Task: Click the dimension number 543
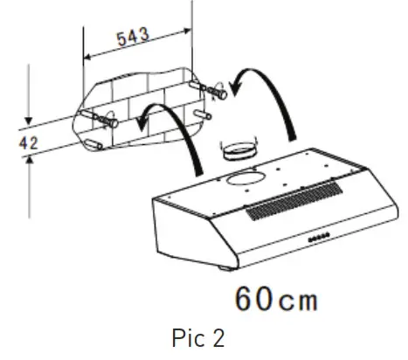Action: tap(133, 36)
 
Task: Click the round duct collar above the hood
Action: tap(238, 153)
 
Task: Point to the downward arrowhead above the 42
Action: tap(30, 122)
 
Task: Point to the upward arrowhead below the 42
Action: tap(30, 157)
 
